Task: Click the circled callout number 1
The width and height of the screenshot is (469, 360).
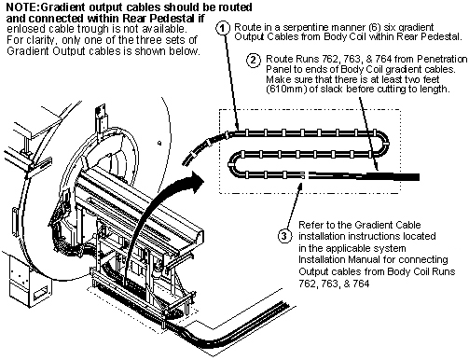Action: click(222, 28)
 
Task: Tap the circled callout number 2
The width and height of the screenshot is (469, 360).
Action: click(254, 60)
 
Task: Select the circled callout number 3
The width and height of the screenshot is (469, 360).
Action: click(284, 236)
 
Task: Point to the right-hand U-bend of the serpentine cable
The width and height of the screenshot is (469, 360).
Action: click(383, 144)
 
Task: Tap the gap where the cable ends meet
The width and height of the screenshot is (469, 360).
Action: click(306, 175)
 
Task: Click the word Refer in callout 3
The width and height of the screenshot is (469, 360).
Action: click(310, 225)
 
